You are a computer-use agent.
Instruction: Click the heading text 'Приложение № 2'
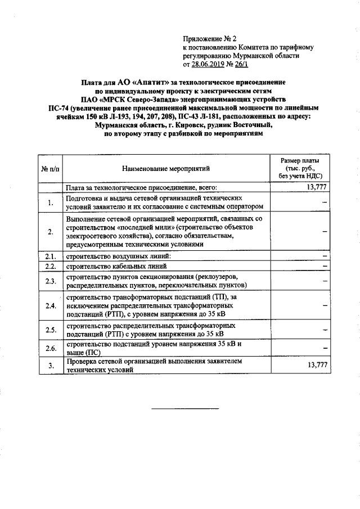point(208,39)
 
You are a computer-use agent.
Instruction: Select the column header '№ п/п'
point(49,168)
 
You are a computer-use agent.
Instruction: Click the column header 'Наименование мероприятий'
point(165,168)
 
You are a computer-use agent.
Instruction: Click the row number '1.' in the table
point(50,202)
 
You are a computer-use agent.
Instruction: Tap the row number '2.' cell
point(50,231)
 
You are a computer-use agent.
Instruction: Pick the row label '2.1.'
point(50,256)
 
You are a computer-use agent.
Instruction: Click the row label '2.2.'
point(50,266)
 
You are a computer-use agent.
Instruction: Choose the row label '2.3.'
point(50,280)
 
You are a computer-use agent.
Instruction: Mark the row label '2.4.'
point(50,305)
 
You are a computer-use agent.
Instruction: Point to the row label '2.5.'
point(50,330)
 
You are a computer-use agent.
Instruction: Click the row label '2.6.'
point(50,348)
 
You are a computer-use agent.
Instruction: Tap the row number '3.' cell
point(50,366)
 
